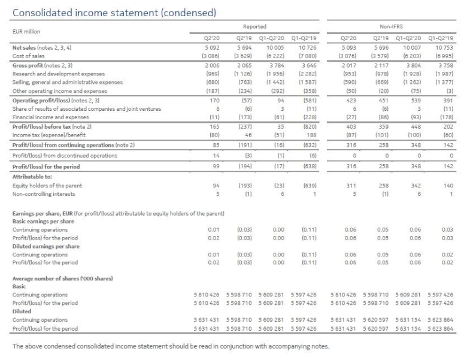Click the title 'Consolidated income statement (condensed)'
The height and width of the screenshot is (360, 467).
point(114,13)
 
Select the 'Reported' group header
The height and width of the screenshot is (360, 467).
point(254,26)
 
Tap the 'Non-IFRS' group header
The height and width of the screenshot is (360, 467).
point(392,26)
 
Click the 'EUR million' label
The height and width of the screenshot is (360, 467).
point(26,32)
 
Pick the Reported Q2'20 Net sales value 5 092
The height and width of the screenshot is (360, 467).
point(212,48)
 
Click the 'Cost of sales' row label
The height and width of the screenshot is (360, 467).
point(28,56)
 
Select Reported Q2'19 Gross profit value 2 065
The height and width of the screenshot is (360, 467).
point(244,65)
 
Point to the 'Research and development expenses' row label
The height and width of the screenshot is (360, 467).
point(59,74)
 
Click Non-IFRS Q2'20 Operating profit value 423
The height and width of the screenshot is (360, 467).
point(351,101)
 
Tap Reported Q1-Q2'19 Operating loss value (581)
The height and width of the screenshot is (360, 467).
point(310,101)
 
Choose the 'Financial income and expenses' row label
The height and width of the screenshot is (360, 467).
point(51,117)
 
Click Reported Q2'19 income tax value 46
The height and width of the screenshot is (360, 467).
point(248,135)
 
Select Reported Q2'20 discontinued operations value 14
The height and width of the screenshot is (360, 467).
point(216,156)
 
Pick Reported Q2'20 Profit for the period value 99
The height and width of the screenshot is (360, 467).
point(216,167)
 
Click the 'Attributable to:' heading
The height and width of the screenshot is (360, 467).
point(32,177)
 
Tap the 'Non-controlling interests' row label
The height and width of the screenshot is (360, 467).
point(44,194)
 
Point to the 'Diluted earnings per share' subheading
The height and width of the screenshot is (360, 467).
point(46,246)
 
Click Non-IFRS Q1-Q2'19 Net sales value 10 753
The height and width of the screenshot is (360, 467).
point(444,48)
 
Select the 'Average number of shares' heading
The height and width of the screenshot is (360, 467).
point(62,279)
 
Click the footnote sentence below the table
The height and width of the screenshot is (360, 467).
point(171,346)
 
